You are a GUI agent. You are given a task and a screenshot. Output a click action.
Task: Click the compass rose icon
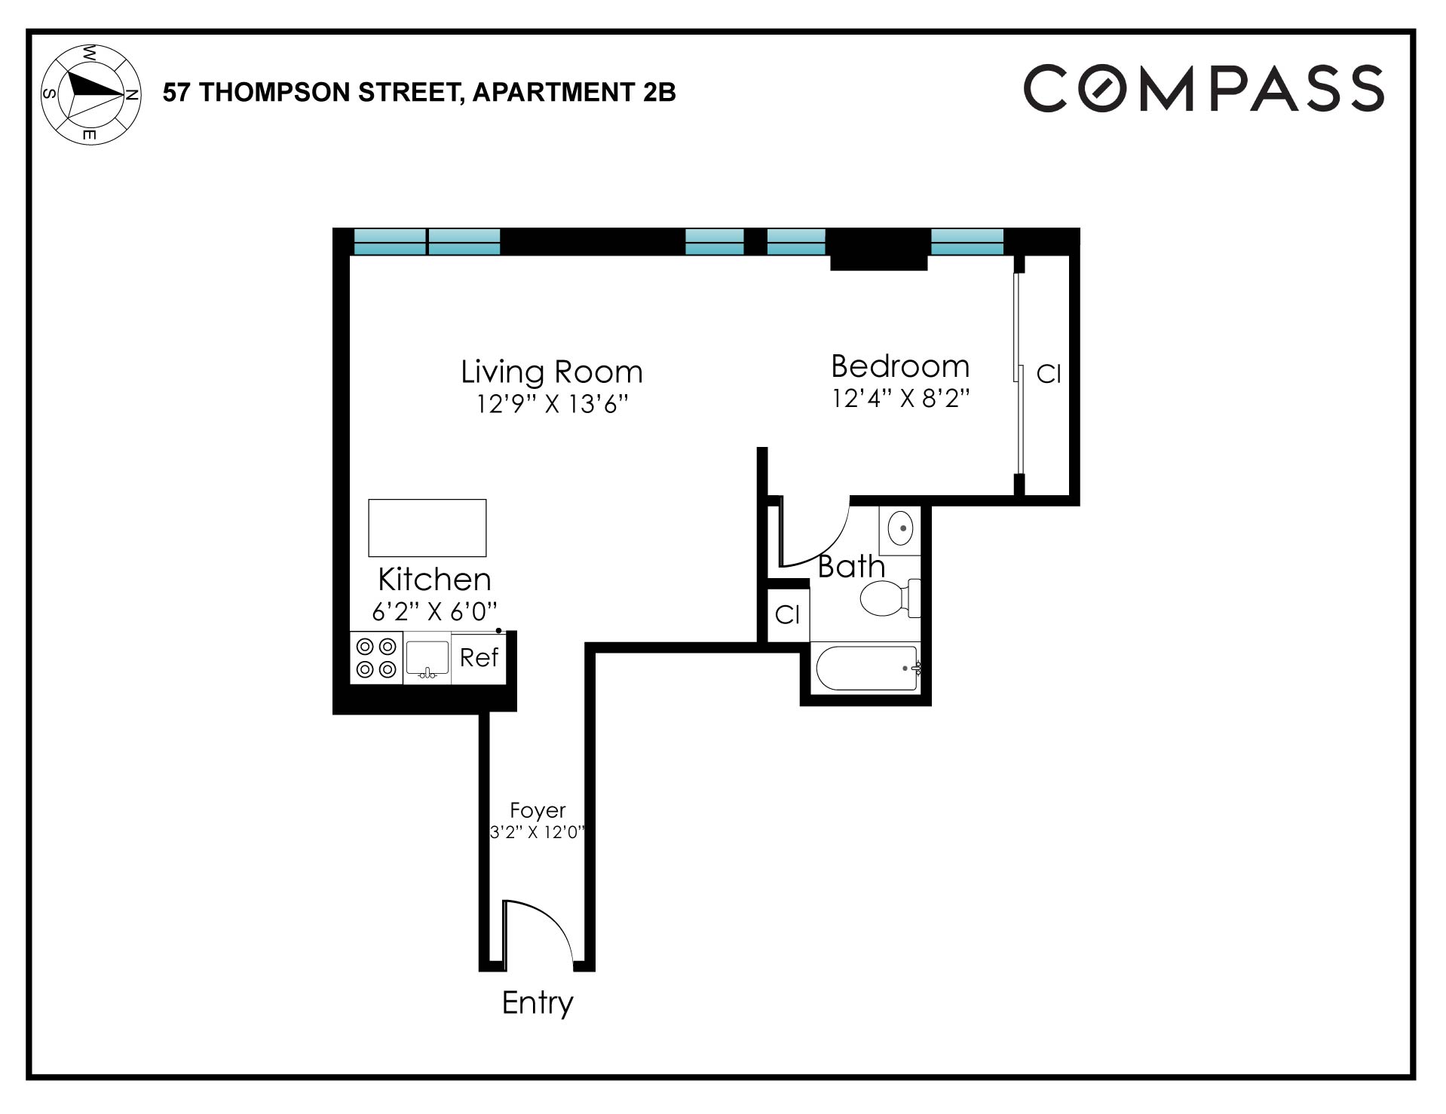click(90, 94)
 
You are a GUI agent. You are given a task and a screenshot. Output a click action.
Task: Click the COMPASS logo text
click(1203, 89)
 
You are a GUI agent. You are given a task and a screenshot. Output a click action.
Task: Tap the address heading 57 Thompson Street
click(419, 92)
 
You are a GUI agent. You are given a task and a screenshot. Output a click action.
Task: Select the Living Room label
click(552, 372)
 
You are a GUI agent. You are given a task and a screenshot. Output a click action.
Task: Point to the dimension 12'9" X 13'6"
click(552, 405)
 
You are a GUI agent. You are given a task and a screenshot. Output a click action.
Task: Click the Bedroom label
click(900, 366)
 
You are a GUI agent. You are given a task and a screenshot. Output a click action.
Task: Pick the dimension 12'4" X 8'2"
click(900, 398)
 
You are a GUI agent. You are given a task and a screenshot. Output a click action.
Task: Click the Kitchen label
click(434, 579)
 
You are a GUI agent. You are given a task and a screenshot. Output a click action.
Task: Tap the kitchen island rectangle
click(427, 528)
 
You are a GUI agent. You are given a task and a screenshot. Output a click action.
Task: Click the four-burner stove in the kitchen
click(376, 658)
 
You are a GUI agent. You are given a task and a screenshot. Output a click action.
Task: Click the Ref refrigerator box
click(479, 658)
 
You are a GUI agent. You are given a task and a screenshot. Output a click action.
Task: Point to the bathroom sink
click(900, 528)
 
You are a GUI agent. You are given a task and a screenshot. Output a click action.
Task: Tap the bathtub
click(867, 668)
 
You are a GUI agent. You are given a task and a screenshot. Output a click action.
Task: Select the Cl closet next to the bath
click(787, 615)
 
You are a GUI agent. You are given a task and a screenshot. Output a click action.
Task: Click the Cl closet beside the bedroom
click(1049, 374)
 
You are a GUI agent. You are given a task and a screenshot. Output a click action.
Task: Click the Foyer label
click(538, 810)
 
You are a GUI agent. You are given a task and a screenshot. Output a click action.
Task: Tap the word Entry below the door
click(538, 1002)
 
